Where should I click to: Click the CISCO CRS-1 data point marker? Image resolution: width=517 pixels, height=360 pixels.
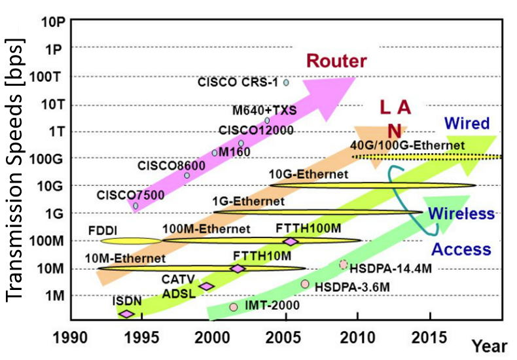pos(286,82)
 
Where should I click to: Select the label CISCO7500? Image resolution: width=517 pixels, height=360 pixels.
pos(123,195)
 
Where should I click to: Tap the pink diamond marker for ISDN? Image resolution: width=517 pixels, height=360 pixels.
pos(126,314)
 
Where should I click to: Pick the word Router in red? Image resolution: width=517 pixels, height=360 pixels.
pos(337,62)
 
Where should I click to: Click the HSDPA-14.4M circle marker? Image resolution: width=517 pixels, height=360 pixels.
pos(344,264)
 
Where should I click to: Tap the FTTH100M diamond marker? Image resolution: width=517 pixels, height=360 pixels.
pos(291,242)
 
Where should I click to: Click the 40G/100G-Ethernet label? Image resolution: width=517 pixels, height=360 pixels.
pos(408,145)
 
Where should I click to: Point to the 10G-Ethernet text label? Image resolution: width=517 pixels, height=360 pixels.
pos(308,175)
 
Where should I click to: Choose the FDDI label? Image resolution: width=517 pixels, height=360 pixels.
pos(102,230)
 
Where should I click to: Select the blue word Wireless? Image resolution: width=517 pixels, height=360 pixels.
pos(461,214)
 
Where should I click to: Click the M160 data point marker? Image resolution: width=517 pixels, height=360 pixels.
pos(214,153)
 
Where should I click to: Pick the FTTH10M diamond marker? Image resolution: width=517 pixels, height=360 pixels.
pos(238,268)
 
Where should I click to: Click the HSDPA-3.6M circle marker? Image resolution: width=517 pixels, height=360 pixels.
pos(305,283)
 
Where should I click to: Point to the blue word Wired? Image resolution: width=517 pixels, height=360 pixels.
pos(467,123)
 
